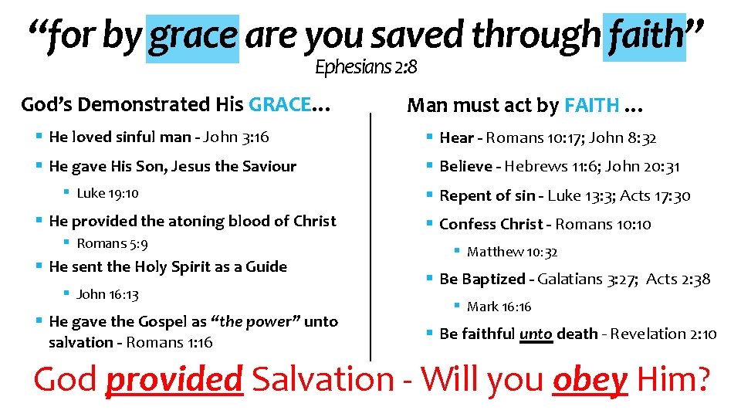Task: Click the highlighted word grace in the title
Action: [x=194, y=36]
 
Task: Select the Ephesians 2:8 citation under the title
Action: [x=366, y=68]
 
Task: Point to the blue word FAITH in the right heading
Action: [x=592, y=105]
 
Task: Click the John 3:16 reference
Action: [x=235, y=137]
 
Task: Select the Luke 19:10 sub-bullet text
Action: [x=107, y=193]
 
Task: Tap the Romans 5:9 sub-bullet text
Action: [x=112, y=243]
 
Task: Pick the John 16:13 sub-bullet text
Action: [x=107, y=294]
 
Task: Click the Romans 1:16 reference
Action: [x=169, y=342]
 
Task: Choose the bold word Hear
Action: [x=456, y=138]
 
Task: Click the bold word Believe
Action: [x=465, y=166]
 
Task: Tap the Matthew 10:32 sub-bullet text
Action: [x=512, y=252]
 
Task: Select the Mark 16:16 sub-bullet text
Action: [x=499, y=307]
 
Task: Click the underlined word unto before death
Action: [x=536, y=334]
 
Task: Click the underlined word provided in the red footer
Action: [x=174, y=379]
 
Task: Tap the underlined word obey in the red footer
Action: [x=590, y=379]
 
